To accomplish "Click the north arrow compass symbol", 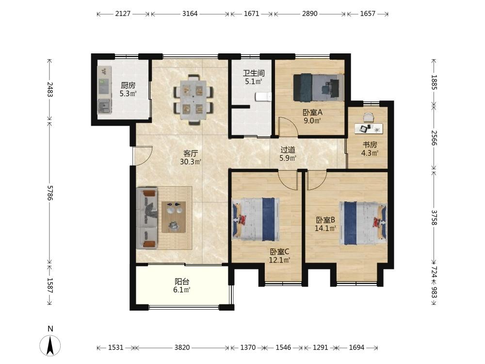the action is coord(50,345).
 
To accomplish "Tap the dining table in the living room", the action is coord(194,99).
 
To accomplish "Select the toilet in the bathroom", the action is coord(263,97).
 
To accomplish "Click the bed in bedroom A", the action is coord(319,87).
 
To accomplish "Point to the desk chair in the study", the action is coord(369,117).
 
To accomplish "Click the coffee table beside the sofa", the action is coord(174,216).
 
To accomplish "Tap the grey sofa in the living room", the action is coord(147,218).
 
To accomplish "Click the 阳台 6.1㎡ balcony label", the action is coord(182,286).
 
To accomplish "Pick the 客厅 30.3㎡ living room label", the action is coord(191,157).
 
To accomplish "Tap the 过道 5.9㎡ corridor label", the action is coord(288,154).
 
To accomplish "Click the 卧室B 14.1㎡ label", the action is coord(325,224).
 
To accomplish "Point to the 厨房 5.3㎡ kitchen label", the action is coord(128,89).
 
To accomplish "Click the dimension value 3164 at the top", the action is coord(190,14).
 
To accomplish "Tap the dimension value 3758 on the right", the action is coord(434,217).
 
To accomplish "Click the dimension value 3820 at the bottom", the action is coord(182,347).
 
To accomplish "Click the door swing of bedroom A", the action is coord(288,127).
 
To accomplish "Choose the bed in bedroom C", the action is coord(256,219).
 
